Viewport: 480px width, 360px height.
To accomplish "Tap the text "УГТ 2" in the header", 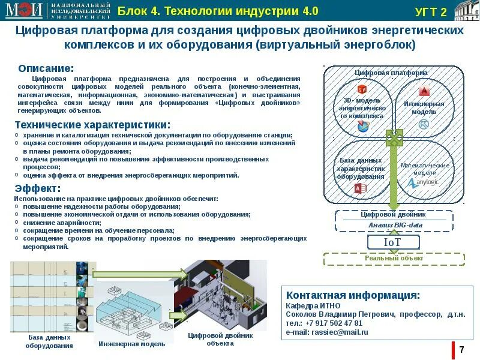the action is point(431,13).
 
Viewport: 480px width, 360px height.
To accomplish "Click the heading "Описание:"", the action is point(46,68).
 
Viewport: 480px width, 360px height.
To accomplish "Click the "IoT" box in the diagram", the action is point(392,242).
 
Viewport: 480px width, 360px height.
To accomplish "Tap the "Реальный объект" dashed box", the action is point(394,259).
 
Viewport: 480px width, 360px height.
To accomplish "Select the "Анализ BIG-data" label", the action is point(395,225).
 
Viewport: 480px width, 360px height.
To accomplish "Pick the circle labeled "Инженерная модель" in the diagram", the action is point(424,108).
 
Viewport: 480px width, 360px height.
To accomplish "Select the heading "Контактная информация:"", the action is point(353,295).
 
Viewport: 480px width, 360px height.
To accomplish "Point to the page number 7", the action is point(461,350).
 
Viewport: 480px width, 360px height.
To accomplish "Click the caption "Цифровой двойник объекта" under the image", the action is point(220,339).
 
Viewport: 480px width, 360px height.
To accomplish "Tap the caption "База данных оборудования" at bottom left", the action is point(50,341).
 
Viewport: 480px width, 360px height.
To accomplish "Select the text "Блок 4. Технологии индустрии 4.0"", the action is point(218,11).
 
